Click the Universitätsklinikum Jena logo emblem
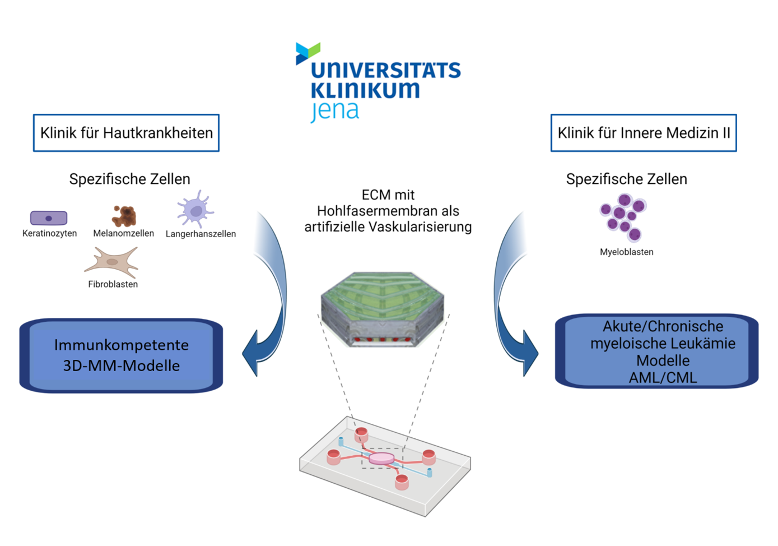pos(307,53)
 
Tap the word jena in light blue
pos(334,111)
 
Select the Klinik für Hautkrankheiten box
pos(126,133)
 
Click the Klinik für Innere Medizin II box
pos(644,133)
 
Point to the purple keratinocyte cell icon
pos(49,218)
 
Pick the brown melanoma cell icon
pos(124,216)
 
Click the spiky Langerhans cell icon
pos(195,209)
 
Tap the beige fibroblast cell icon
pos(112,262)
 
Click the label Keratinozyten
pos(50,233)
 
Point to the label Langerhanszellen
pos(201,234)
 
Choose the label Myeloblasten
pos(627,252)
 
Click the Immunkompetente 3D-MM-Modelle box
pos(121,355)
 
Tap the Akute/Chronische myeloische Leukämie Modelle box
pos(656,351)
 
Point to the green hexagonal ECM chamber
pos(383,309)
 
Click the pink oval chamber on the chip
pos(381,459)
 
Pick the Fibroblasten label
pos(113,284)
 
